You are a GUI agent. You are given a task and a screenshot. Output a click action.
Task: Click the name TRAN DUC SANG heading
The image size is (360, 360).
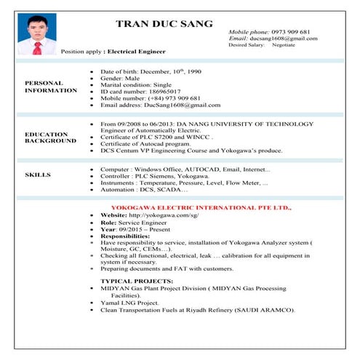[x=164, y=24]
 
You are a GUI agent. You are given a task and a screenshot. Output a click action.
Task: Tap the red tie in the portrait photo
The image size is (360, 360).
[x=37, y=48]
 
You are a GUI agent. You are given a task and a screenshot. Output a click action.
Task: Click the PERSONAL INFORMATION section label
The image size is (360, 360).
[x=50, y=87]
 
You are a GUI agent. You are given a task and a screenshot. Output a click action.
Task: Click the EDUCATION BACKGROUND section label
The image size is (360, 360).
[x=50, y=137]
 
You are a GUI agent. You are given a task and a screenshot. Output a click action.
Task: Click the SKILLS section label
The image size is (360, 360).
[x=38, y=175]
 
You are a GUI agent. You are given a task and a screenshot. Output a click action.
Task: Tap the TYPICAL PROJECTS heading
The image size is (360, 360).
[x=137, y=281]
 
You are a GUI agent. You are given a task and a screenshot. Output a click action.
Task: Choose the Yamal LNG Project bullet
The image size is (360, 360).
[x=129, y=303]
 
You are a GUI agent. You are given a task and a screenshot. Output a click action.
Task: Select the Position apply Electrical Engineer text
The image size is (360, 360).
[x=113, y=52]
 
